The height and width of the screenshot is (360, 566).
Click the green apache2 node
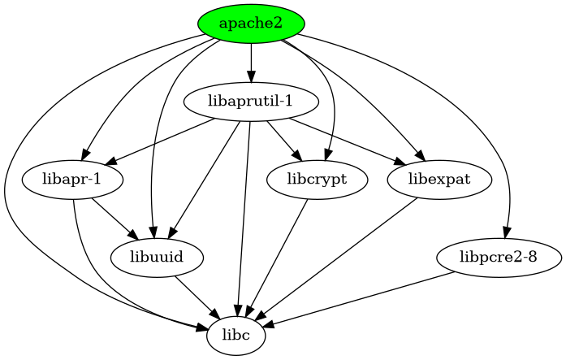(x=251, y=24)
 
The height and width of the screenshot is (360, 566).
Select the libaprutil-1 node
(x=251, y=102)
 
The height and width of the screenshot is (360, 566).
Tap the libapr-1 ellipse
(x=73, y=180)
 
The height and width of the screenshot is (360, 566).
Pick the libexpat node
(x=439, y=180)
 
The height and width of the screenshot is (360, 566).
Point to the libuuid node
(x=155, y=258)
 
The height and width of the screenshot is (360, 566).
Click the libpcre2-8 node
(x=499, y=258)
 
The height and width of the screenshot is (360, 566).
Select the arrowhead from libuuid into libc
(x=216, y=315)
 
